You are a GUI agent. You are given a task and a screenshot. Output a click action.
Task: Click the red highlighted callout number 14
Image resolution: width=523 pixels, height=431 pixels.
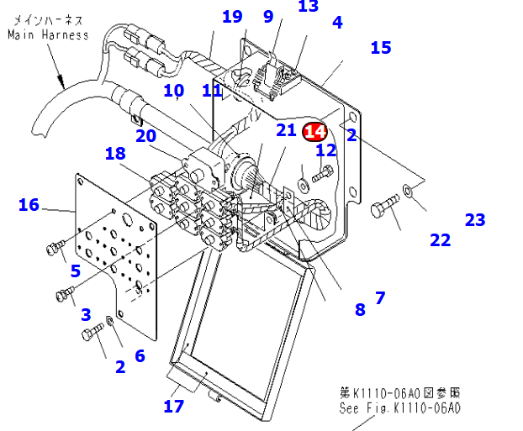(x=315, y=131)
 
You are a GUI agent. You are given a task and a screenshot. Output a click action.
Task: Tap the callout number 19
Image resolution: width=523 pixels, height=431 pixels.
(x=232, y=17)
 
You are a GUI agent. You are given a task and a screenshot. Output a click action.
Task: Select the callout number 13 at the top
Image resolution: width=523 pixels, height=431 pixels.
(x=309, y=7)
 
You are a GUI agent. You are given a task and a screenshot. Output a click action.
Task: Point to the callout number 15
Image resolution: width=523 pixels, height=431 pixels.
(x=381, y=48)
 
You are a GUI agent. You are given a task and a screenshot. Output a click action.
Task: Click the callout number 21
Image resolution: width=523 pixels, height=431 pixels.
(x=287, y=129)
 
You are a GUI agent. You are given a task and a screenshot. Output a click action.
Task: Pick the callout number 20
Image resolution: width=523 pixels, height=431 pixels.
(x=145, y=136)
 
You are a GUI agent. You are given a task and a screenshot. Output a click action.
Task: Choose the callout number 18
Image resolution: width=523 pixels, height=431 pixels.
(x=115, y=153)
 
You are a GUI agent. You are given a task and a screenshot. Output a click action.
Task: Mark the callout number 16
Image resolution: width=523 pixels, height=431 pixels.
(x=29, y=205)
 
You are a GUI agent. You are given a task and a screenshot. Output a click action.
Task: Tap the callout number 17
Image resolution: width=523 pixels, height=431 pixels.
(x=174, y=407)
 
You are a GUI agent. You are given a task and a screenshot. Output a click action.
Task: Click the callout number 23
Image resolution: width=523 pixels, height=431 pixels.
(x=475, y=220)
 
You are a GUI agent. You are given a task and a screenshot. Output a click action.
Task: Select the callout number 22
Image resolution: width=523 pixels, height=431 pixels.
(x=440, y=240)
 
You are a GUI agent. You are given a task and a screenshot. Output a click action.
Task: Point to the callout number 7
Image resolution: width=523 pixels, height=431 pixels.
(x=380, y=297)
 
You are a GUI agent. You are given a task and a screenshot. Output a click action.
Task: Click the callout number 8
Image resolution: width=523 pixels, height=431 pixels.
(x=360, y=309)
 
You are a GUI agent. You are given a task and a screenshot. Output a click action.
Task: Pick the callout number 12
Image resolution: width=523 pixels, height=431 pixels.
(x=326, y=150)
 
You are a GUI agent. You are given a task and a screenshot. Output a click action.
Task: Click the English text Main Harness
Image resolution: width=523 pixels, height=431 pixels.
(x=48, y=35)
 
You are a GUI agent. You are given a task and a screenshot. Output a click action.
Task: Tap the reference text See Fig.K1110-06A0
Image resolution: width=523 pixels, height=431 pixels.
(x=400, y=408)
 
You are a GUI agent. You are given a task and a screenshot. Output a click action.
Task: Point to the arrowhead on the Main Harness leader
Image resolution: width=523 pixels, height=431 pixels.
(x=62, y=83)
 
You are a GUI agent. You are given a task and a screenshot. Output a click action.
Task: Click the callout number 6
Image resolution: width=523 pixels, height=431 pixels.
(x=140, y=356)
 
